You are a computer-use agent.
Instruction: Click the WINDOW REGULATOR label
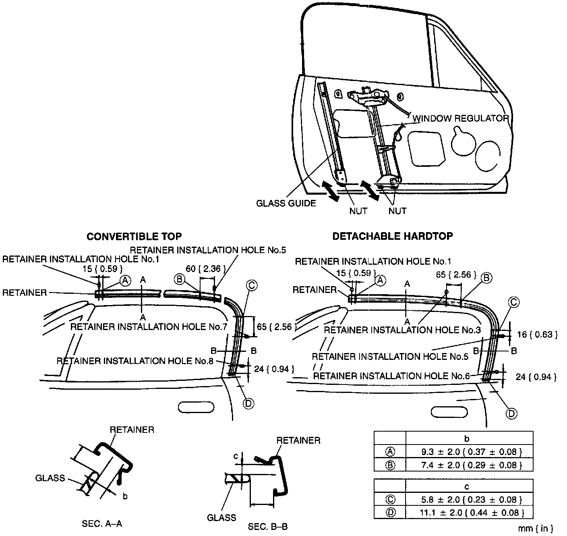pyautogui.click(x=461, y=118)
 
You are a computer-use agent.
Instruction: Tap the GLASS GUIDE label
pyautogui.click(x=286, y=203)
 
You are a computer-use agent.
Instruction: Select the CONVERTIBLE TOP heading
pyautogui.click(x=134, y=236)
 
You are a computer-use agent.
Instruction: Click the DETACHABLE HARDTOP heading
pyautogui.click(x=392, y=236)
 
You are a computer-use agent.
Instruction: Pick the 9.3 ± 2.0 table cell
pyautogui.click(x=469, y=451)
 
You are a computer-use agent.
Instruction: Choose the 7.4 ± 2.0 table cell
pyautogui.click(x=469, y=465)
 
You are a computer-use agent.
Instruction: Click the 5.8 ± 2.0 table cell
pyautogui.click(x=469, y=500)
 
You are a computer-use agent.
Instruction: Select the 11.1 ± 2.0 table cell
pyautogui.click(x=469, y=513)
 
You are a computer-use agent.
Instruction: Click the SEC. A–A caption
pyautogui.click(x=102, y=524)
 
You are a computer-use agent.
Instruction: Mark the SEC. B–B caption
pyautogui.click(x=267, y=526)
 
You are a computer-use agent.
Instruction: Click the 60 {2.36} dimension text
pyautogui.click(x=203, y=269)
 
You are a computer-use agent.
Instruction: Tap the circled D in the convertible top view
pyautogui.click(x=248, y=403)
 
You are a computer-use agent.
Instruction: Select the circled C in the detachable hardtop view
pyautogui.click(x=513, y=302)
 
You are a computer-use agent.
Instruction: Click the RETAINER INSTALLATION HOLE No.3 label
pyautogui.click(x=402, y=330)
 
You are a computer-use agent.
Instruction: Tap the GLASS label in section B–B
pyautogui.click(x=221, y=517)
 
